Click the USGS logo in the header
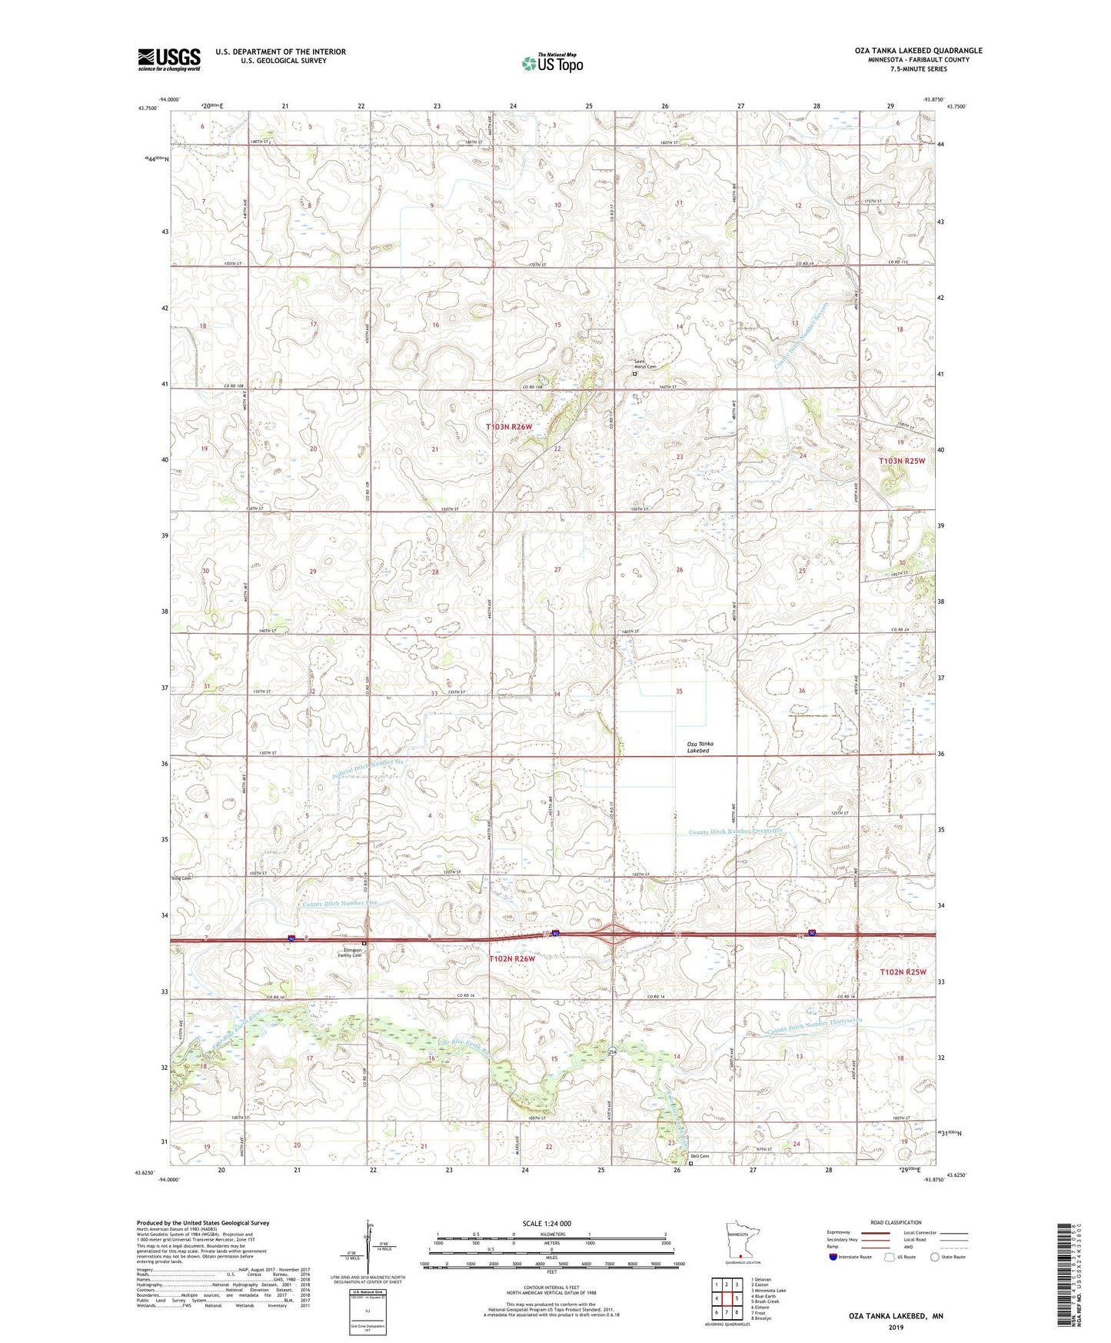(x=168, y=59)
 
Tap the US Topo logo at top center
(x=551, y=62)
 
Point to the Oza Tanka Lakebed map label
(x=700, y=747)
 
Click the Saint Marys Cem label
(x=645, y=366)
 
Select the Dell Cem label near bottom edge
(x=699, y=1156)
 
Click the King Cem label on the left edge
(x=181, y=878)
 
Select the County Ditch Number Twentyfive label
(x=735, y=831)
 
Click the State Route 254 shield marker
(x=613, y=1051)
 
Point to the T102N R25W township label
(x=903, y=972)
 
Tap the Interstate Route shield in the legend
(x=833, y=1257)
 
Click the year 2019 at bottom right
(x=895, y=1328)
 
